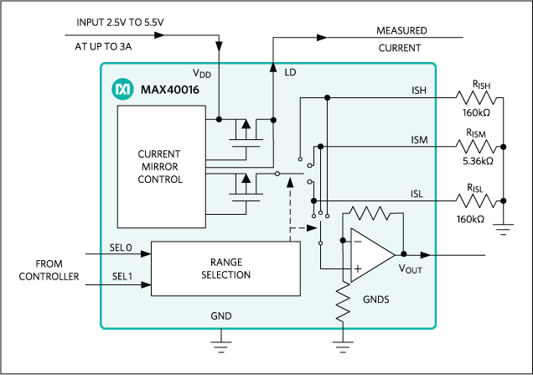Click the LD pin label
point(290,74)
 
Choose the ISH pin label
point(418,89)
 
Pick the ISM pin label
point(418,138)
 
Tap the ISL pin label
point(417,194)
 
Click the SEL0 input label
point(122,248)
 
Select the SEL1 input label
point(122,275)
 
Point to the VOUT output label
point(410,269)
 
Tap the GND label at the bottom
point(221,316)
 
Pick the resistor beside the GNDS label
point(344,304)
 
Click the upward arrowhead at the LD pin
point(272,65)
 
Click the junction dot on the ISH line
point(328,98)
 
